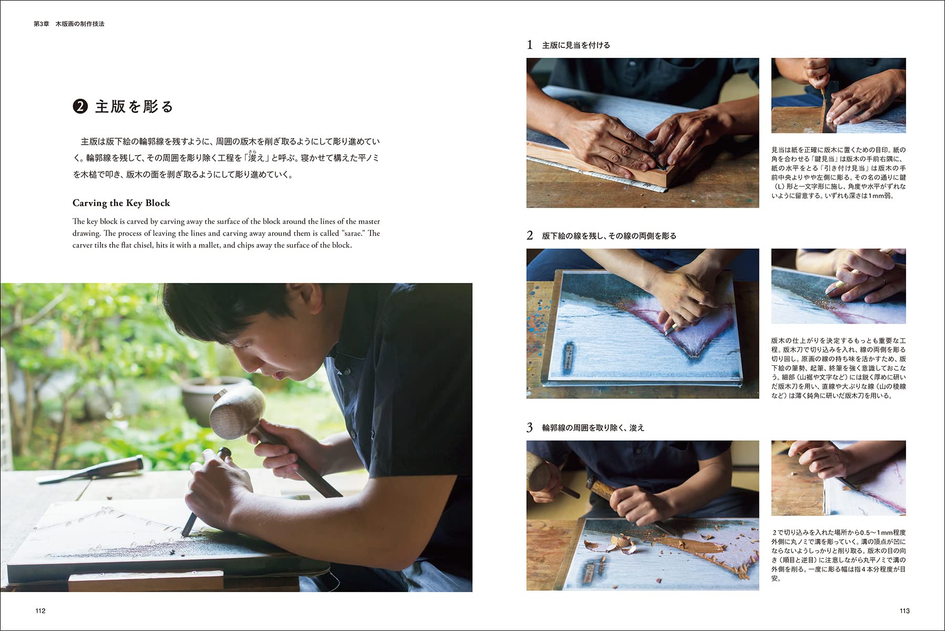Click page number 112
40,610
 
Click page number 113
904,610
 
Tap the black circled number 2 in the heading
80,107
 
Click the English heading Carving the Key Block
121,203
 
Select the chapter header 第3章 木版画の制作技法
69,24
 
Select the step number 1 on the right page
530,45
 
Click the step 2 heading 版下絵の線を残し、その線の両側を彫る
609,236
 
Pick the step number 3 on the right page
530,428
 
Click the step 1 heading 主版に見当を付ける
576,45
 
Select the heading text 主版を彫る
134,107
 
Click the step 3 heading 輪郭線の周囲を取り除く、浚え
593,428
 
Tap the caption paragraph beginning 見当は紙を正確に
838,172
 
